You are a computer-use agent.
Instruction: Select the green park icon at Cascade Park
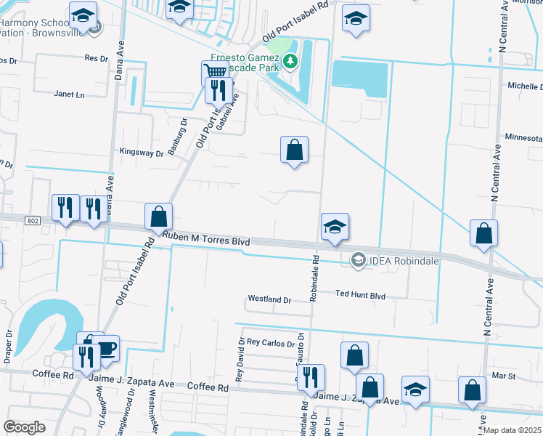(x=290, y=60)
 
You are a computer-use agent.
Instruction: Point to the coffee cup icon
(x=107, y=349)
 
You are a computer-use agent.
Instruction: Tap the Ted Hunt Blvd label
(x=360, y=296)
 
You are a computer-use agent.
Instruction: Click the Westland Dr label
(x=269, y=299)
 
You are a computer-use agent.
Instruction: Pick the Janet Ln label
(x=70, y=94)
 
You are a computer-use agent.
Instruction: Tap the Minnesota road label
(x=524, y=137)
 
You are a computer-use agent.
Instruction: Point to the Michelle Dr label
(x=526, y=86)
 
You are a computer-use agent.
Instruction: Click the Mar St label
(x=503, y=376)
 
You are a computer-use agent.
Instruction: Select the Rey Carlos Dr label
(x=270, y=342)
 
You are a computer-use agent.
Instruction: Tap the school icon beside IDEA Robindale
(x=335, y=227)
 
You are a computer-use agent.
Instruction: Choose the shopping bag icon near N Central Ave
(x=483, y=233)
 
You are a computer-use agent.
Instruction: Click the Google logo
(x=24, y=427)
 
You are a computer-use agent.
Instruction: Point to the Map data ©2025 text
(x=513, y=430)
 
